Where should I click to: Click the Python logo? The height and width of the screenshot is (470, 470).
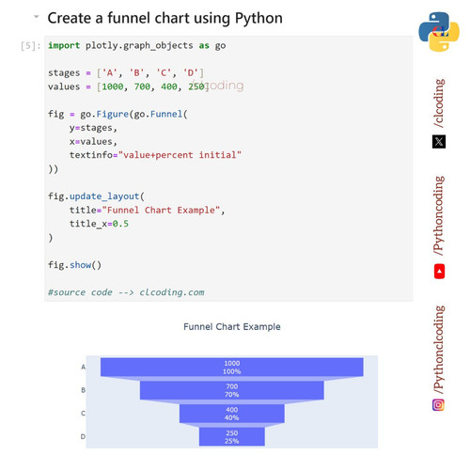439,31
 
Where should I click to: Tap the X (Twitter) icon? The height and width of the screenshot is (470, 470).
439,142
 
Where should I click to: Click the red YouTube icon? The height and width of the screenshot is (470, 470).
439,272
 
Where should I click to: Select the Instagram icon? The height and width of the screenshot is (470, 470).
438,405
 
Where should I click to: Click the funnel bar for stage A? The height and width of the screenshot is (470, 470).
232,367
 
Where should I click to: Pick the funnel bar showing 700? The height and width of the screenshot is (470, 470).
232,390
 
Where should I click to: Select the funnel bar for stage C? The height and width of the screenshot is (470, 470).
232,414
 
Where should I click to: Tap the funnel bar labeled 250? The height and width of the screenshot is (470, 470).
232,436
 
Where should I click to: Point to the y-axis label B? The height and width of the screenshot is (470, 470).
84,390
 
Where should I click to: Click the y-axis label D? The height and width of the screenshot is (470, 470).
83,436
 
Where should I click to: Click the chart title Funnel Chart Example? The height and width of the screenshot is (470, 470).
232,327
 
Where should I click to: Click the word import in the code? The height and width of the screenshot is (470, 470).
64,45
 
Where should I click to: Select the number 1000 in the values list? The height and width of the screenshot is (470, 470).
113,86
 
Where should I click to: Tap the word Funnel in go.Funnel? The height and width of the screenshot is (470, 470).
166,114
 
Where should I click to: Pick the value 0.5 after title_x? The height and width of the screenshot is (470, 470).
120,224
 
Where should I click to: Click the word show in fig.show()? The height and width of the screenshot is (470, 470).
80,265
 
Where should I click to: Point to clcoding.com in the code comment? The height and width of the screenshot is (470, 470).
172,292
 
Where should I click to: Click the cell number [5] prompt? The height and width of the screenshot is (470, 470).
30,46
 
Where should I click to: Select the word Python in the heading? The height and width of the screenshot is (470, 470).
258,18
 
